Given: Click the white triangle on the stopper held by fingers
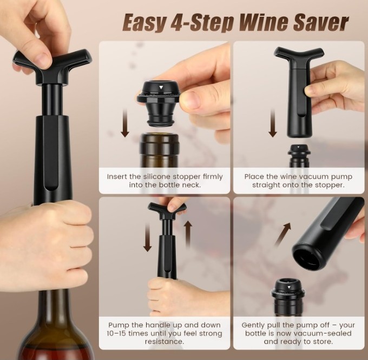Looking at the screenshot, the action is click(x=161, y=88).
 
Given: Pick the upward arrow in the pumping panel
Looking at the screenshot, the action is click(x=188, y=235).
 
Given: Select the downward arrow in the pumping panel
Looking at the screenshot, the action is click(x=148, y=237).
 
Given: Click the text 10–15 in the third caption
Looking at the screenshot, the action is click(x=116, y=334).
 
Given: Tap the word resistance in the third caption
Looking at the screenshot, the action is click(x=165, y=342).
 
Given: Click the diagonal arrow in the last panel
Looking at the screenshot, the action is click(x=283, y=235).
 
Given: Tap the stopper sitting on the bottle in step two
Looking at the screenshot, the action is click(x=299, y=153).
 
